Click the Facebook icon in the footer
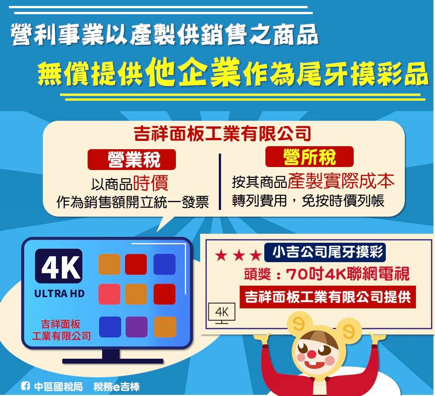(25, 386)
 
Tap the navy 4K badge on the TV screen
(59, 266)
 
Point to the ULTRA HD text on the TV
(59, 293)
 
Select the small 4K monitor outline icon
(222, 313)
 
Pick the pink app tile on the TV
(109, 294)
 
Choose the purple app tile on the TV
(136, 327)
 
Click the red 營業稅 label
(132, 160)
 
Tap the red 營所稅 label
(309, 157)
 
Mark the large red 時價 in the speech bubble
(151, 183)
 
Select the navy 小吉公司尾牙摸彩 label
(325, 252)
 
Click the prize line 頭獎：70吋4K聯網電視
(327, 274)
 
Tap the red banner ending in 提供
(328, 297)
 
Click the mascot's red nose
(312, 354)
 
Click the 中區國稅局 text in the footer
(59, 386)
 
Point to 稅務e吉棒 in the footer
(117, 387)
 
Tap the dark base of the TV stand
(113, 361)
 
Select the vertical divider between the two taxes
(220, 182)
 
